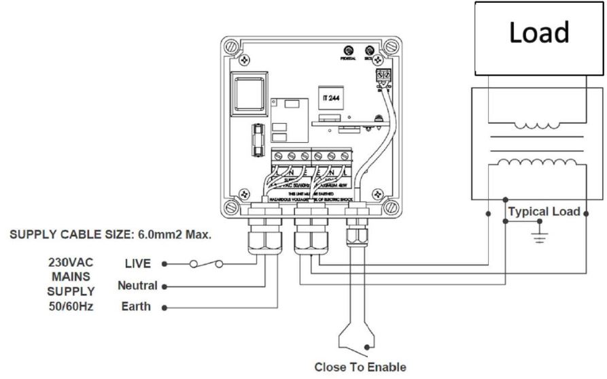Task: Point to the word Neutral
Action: coord(137,285)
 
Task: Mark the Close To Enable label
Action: coord(360,367)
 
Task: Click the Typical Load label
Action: coord(544,212)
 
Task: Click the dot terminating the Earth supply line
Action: coord(165,307)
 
